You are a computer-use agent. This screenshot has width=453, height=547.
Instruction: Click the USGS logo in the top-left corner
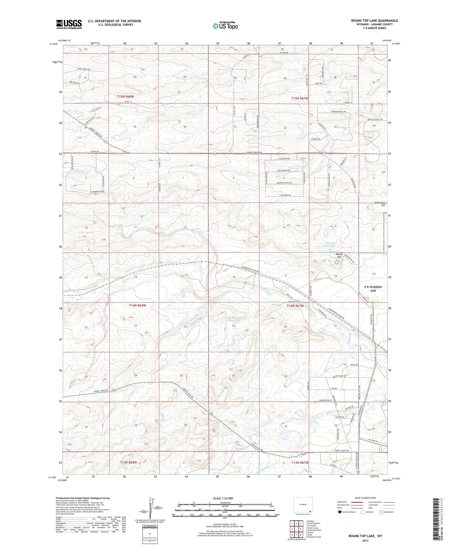point(69,24)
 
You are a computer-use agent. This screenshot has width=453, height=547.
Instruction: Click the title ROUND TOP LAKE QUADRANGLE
point(374,21)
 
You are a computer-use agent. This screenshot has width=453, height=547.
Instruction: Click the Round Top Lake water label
point(329,244)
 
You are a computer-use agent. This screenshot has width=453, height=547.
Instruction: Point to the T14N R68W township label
point(137,305)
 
